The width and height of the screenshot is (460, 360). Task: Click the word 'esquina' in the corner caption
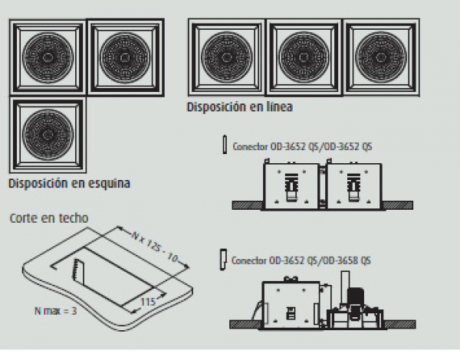click(109, 184)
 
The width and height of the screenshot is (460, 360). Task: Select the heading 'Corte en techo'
click(49, 218)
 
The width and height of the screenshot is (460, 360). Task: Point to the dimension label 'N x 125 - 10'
click(155, 247)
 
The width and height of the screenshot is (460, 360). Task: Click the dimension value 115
click(148, 302)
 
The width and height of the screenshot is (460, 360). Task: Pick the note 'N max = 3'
click(55, 311)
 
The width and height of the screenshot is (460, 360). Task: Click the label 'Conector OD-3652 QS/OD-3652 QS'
click(302, 146)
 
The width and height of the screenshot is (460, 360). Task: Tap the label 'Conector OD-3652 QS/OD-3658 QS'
click(301, 260)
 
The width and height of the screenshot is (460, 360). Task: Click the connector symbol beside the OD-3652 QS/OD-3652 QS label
click(225, 144)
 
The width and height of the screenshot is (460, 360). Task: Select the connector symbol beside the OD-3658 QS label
click(223, 260)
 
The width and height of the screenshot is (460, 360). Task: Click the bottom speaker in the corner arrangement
click(48, 135)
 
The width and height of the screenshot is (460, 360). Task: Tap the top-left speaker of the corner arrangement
click(48, 57)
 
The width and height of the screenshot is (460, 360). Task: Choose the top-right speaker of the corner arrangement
click(126, 57)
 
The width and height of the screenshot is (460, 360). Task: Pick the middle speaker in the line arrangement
click(304, 57)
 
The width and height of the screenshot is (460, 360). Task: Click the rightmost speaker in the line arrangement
click(381, 57)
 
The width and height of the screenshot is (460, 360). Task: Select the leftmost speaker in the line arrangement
click(227, 57)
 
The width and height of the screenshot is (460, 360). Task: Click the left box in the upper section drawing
click(291, 186)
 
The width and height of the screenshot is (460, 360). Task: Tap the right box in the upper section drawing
click(353, 186)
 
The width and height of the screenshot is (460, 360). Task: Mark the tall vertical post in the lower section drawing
click(345, 290)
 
